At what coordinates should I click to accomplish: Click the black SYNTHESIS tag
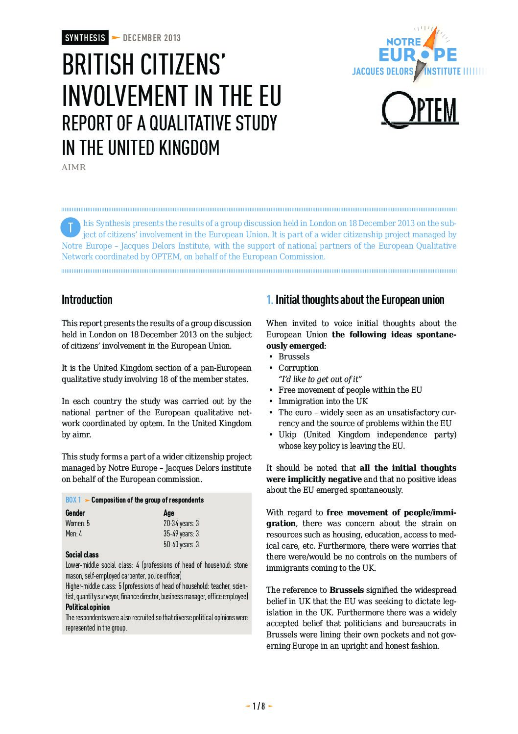click(85, 38)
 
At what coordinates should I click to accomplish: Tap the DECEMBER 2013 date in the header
click(152, 38)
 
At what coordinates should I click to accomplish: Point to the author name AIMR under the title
click(74, 168)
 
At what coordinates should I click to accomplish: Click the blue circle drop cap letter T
click(71, 227)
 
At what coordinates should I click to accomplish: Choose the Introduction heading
click(87, 300)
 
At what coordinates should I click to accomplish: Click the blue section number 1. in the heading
click(270, 300)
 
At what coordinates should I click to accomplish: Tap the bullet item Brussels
click(294, 356)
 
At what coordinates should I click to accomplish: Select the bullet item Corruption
click(298, 368)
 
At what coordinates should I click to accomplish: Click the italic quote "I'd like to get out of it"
click(320, 379)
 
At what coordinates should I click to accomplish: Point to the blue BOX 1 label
click(73, 500)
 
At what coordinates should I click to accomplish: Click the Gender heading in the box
click(75, 513)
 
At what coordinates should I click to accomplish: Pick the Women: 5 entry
click(78, 523)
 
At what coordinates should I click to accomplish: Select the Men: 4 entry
click(74, 533)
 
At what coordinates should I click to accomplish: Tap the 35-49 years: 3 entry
click(181, 533)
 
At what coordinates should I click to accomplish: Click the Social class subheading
click(82, 555)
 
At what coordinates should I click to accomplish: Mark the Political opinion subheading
click(88, 607)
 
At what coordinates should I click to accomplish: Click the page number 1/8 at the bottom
click(259, 706)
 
